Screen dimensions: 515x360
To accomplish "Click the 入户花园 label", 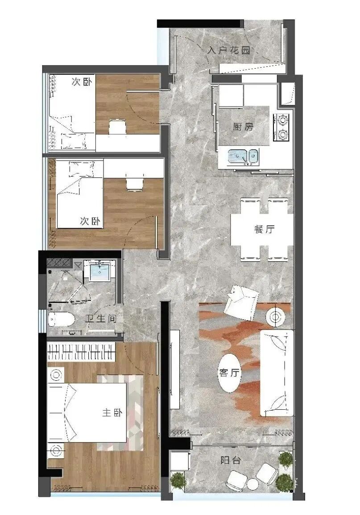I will point(228,50).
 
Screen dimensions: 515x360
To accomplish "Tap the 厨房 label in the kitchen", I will point(243,127).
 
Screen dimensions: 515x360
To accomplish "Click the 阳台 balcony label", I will point(231,460).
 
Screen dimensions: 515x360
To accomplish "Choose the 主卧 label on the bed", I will point(112,413).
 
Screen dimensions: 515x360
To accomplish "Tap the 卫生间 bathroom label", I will point(101,319).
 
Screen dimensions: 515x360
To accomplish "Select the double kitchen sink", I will point(243,156).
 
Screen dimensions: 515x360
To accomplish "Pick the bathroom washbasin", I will point(99,272).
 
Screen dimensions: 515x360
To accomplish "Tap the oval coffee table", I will point(231,373).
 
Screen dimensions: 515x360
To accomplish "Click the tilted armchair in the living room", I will point(241,301).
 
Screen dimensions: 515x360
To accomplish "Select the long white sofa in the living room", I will point(277,372).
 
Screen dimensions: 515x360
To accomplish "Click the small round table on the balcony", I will point(254,483).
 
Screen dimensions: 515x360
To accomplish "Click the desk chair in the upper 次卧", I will point(117,127).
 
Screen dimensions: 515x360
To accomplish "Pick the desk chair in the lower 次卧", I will point(133,183).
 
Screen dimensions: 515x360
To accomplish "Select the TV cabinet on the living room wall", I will point(174,370).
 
